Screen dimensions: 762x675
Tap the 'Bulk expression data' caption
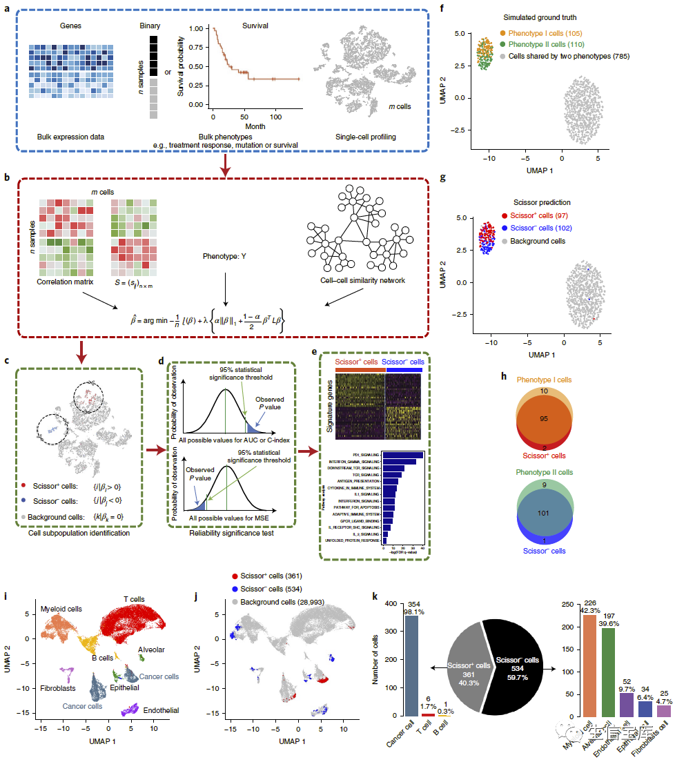click(x=70, y=137)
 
